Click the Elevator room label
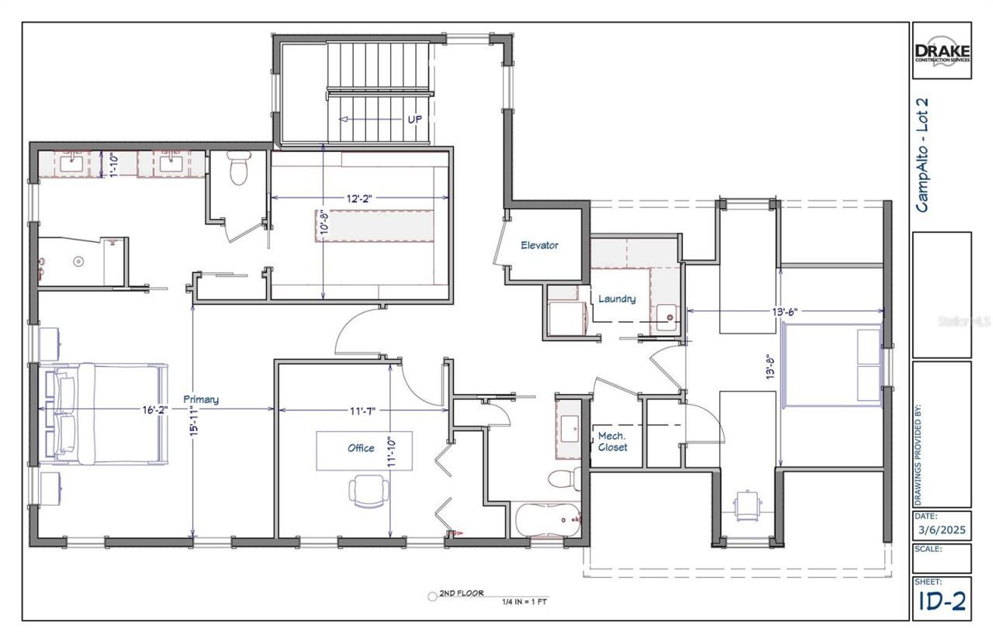(x=539, y=245)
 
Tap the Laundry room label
(x=617, y=299)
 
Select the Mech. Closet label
(x=612, y=442)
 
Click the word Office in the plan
(x=361, y=447)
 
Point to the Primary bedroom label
(x=201, y=399)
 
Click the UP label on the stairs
(x=416, y=120)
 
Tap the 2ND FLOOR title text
(x=461, y=593)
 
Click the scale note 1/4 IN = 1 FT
(x=525, y=601)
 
